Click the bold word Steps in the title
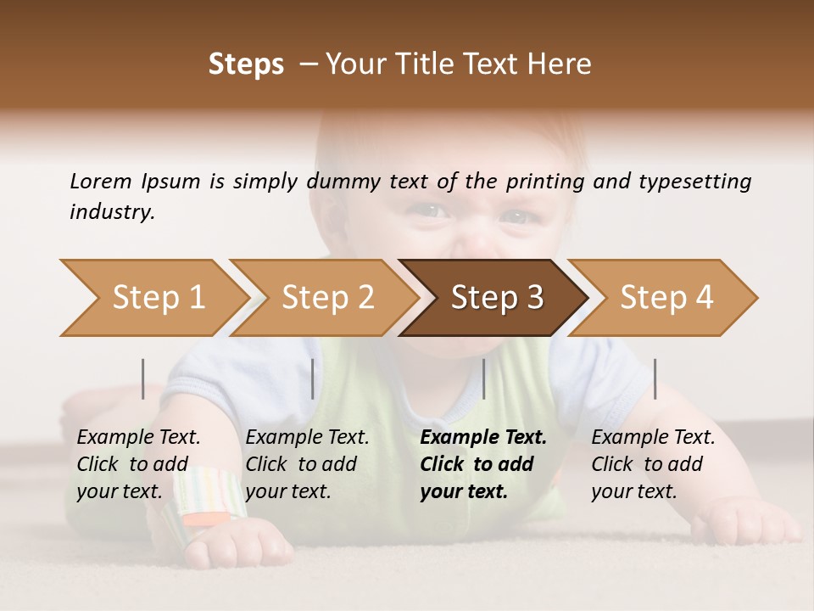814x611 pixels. pos(246,64)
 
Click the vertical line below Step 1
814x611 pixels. pos(142,378)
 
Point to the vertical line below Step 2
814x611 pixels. pos(313,378)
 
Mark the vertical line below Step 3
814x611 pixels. pos(484,378)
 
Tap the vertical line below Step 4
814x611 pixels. pos(655,378)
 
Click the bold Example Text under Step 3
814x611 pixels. pos(483,464)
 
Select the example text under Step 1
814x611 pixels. pos(138,464)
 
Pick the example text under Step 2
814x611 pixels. pos(307,464)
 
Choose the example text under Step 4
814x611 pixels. pos(653,464)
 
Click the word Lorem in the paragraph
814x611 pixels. pos(100,182)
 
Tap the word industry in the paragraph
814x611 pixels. pos(112,212)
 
